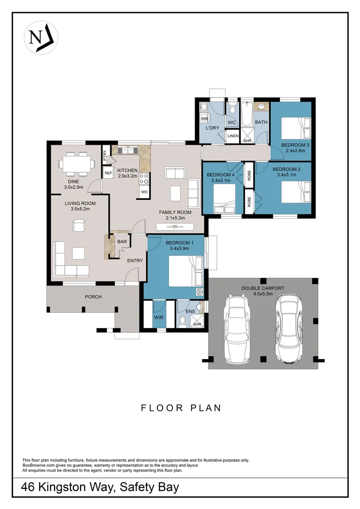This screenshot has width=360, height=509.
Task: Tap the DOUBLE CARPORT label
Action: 263,288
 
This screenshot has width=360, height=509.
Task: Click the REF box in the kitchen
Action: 108,173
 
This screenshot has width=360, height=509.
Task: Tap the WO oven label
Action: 144,192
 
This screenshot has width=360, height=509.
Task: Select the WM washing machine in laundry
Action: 204,119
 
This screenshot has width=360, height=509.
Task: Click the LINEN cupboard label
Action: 233,136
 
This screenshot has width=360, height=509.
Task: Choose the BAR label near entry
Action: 122,242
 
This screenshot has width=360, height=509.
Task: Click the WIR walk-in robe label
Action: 159,317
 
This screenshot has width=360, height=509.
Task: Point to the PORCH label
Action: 93,297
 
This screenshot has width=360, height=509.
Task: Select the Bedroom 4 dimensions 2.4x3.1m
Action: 221,181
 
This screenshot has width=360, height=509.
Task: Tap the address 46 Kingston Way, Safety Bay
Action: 100,487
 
